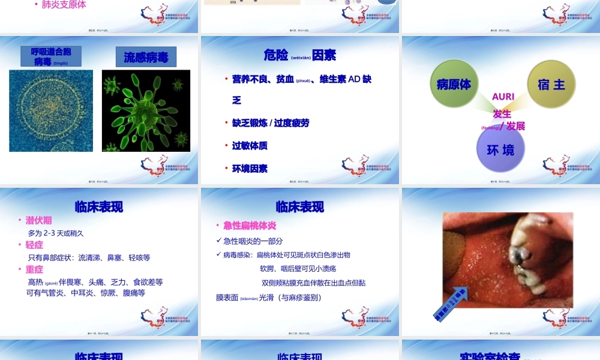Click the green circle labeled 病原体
(x=454, y=84)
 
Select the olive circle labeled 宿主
(x=551, y=85)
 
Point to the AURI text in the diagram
(x=503, y=97)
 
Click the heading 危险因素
(x=299, y=55)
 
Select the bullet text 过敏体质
(x=250, y=146)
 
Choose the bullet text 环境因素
(x=250, y=169)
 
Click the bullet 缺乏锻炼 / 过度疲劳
(x=271, y=123)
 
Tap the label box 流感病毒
(x=146, y=58)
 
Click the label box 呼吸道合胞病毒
(x=51, y=56)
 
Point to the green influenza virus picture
(x=146, y=110)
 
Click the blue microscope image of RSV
(x=51, y=110)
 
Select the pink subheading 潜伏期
(x=38, y=220)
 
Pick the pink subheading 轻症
(x=34, y=245)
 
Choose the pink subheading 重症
(x=34, y=269)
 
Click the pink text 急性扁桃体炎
(x=250, y=226)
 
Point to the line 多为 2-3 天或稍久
(x=56, y=233)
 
